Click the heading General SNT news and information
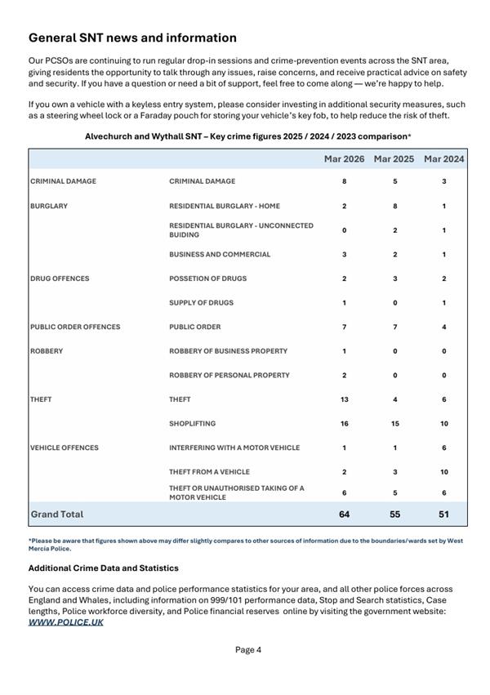tap(132, 38)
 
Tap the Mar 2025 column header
tap(394, 159)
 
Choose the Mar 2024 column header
tap(443, 159)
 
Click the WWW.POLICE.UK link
tap(66, 622)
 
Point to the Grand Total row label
tap(57, 515)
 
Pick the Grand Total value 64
tap(345, 515)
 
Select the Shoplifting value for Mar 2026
tap(345, 424)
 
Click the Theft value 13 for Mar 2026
tap(345, 399)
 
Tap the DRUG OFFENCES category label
tap(60, 278)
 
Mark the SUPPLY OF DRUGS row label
tap(201, 303)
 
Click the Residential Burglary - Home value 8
tap(394, 207)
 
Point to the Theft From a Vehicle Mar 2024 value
tap(443, 472)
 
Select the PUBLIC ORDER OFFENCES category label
tap(75, 327)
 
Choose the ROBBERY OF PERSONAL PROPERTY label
tap(229, 376)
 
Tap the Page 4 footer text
tap(248, 650)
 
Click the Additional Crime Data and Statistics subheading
tap(104, 568)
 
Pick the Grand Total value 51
tap(443, 515)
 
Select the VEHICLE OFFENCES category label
tap(65, 448)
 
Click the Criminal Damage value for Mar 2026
tap(345, 181)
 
